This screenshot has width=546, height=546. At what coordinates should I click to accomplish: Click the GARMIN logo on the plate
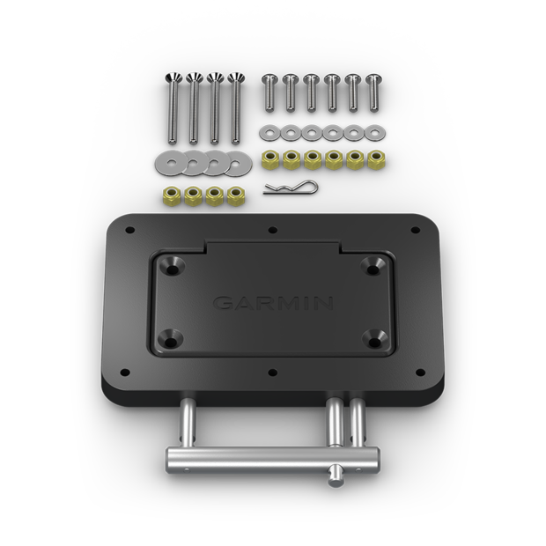[273, 303]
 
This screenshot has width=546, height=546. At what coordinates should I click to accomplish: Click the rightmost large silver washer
[236, 162]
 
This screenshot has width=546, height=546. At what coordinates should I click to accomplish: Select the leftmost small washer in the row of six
[269, 133]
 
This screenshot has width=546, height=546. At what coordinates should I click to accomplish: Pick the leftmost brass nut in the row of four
[168, 195]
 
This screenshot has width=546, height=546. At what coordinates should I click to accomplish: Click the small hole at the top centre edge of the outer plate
[273, 231]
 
